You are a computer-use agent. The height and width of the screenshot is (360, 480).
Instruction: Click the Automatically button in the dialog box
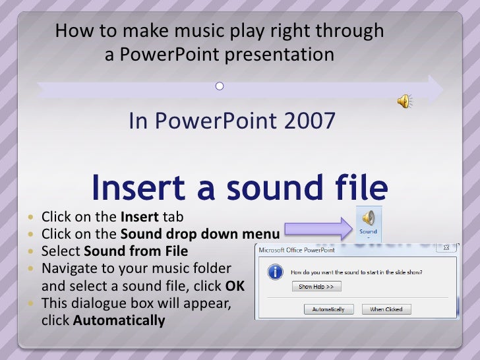coord(329,309)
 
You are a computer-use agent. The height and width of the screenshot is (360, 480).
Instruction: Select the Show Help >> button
coord(316,287)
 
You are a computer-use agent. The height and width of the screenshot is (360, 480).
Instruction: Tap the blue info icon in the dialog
coord(276,272)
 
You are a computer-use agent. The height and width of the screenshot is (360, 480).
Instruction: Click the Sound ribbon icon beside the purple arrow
coord(368,222)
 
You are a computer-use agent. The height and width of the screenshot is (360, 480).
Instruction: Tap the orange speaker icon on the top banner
coord(404,100)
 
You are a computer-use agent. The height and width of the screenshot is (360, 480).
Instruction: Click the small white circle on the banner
coord(220,86)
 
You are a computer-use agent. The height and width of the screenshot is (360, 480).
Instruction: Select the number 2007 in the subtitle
coord(310,121)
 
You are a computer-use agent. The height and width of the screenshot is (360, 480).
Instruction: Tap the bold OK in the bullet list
coord(235,286)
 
